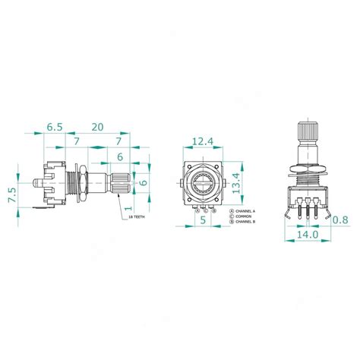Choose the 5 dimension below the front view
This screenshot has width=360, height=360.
pos(203,220)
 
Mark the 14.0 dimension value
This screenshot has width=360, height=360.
pos(307,235)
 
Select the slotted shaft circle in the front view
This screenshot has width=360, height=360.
pos(203,183)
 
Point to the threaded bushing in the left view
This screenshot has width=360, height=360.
pos(70,182)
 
